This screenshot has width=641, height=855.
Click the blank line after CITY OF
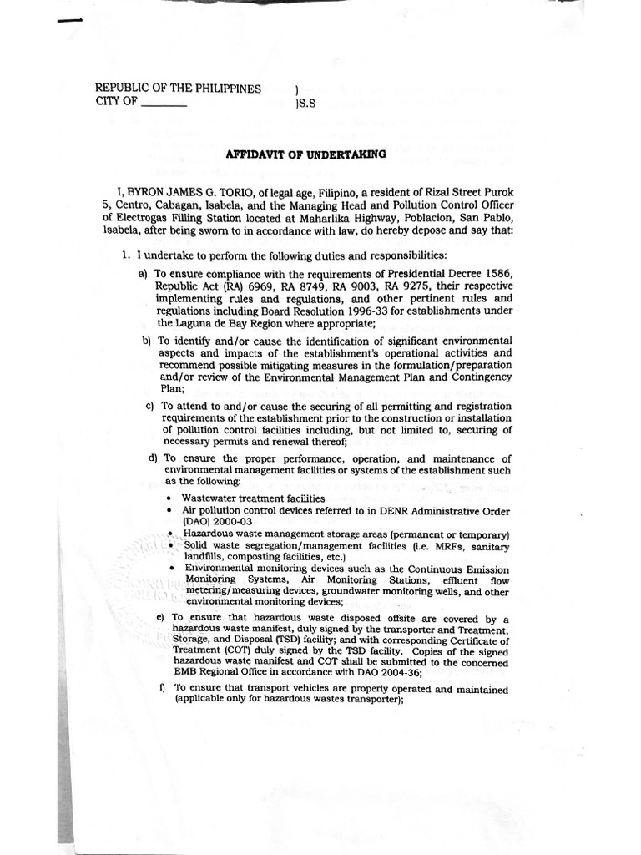click(164, 104)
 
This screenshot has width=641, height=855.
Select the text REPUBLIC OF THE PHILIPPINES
click(178, 89)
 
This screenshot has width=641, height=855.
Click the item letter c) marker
click(150, 406)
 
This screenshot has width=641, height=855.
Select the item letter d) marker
click(153, 458)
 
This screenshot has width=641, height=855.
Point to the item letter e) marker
click(161, 618)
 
